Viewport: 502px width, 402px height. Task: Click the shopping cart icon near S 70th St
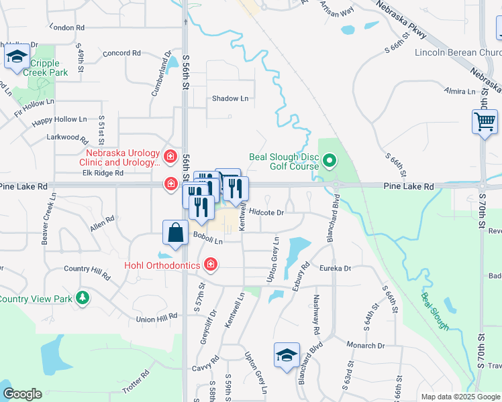coord(485,123)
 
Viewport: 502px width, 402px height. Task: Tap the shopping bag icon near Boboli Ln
coord(175,233)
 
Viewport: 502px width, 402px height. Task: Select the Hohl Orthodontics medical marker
coord(211,265)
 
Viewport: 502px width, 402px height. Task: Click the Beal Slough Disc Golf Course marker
coord(329,161)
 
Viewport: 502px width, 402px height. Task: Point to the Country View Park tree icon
coord(82,297)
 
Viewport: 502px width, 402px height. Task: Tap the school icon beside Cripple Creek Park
coord(17,56)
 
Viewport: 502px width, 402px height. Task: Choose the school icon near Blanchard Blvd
coord(287,355)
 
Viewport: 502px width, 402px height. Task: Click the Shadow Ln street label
coord(230,98)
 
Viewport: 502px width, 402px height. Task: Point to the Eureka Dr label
coord(338,268)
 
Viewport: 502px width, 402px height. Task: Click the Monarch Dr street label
coord(365,346)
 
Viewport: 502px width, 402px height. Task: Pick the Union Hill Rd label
coord(156,318)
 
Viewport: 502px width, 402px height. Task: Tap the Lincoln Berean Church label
coord(458,53)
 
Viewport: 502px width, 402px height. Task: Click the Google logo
coord(22,394)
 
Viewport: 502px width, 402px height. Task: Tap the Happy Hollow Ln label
coord(60,119)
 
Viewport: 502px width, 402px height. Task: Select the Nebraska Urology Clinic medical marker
coord(170,157)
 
